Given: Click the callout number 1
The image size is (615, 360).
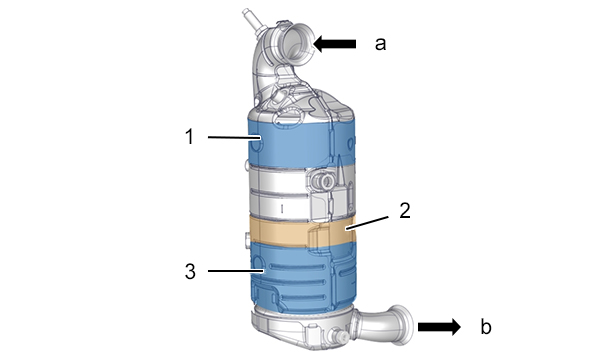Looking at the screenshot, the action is [x=189, y=137].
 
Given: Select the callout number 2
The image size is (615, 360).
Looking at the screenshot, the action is [x=405, y=211].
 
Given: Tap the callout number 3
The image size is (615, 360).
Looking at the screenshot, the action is [x=190, y=271].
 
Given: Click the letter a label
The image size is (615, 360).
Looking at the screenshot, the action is [x=380, y=44].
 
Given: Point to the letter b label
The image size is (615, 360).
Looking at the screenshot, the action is [x=486, y=326].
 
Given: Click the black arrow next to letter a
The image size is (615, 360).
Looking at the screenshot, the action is [x=335, y=44].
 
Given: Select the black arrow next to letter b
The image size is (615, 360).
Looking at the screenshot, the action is [x=439, y=327].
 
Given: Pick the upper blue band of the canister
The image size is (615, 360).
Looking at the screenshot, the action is [x=302, y=142].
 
